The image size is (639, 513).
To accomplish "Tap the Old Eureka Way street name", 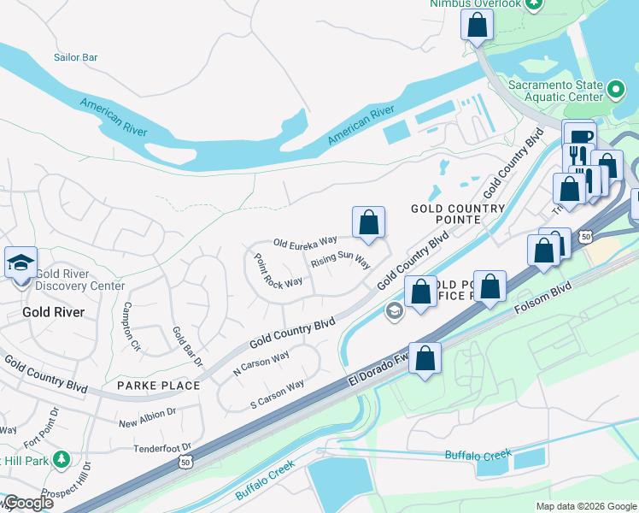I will pos(305,243).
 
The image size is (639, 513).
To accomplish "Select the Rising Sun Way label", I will pos(340,259).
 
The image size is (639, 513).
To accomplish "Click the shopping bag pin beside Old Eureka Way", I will pos(368,222).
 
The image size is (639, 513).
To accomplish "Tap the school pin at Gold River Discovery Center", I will pos(21,262).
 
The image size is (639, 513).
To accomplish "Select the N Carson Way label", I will pos(261,363).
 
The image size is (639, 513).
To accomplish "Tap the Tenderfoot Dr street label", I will pos(162,447).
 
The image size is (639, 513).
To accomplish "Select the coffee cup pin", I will pos(580,137).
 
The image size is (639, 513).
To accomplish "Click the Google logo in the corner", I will pos(27,503).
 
